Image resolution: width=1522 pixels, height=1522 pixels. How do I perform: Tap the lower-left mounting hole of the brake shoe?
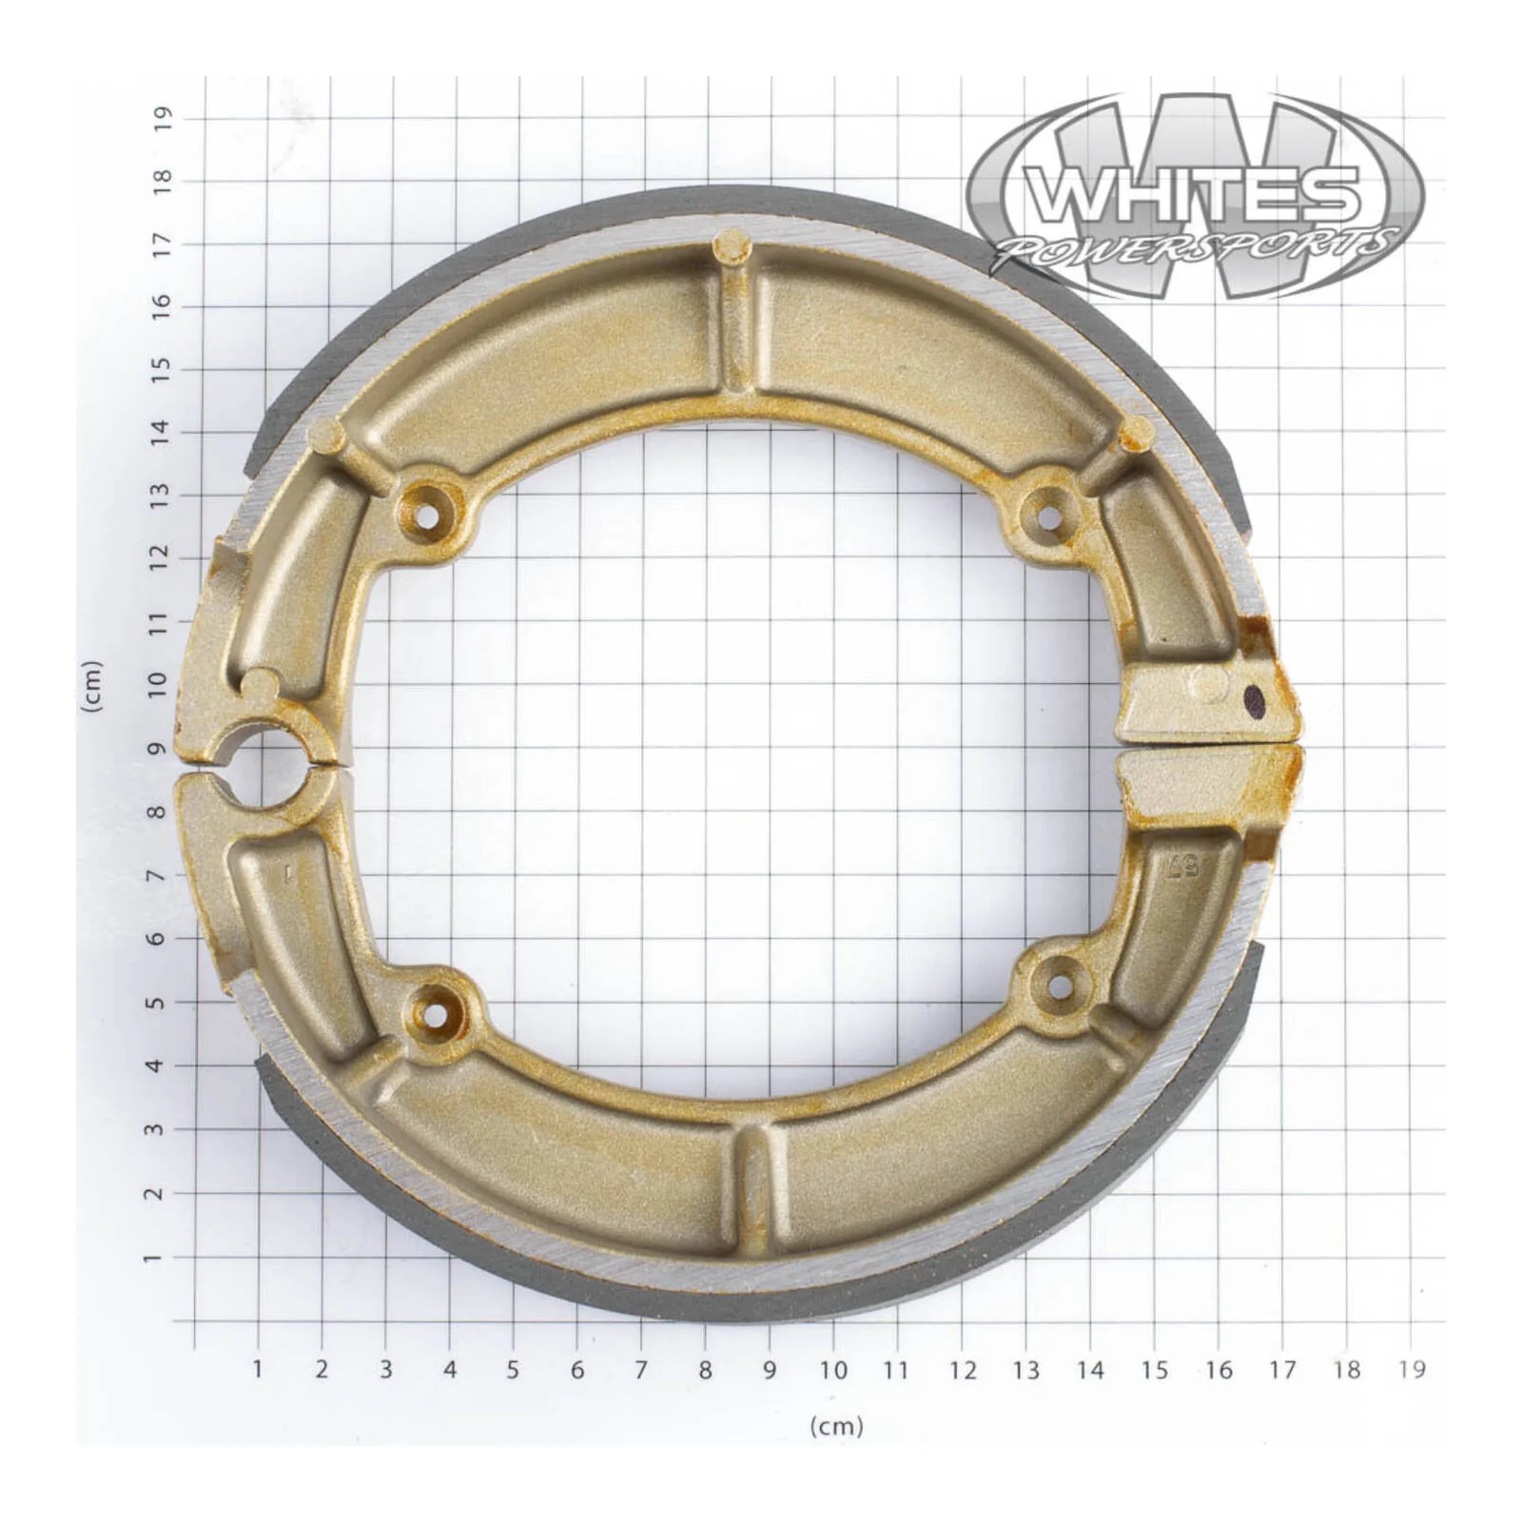pyautogui.click(x=434, y=1014)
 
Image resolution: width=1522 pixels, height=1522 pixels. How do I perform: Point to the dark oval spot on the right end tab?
pyautogui.click(x=1256, y=702)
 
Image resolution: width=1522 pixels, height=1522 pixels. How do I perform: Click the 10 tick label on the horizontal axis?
pyautogui.click(x=833, y=1370)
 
